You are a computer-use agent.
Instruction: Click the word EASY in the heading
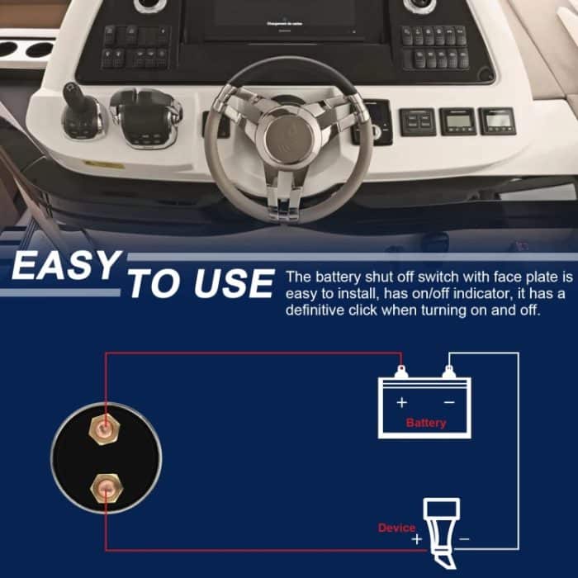(65, 268)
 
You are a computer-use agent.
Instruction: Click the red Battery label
(426, 423)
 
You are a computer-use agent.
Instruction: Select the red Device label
(396, 528)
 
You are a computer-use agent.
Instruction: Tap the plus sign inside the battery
(402, 402)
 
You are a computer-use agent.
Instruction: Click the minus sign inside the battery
(448, 402)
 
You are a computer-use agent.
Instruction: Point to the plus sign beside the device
(417, 539)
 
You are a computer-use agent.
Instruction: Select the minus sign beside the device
(463, 539)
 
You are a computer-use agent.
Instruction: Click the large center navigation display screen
(286, 21)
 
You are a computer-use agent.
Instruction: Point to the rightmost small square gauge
(496, 121)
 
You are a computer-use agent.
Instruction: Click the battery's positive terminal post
(401, 372)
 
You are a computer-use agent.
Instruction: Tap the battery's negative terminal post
(448, 372)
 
